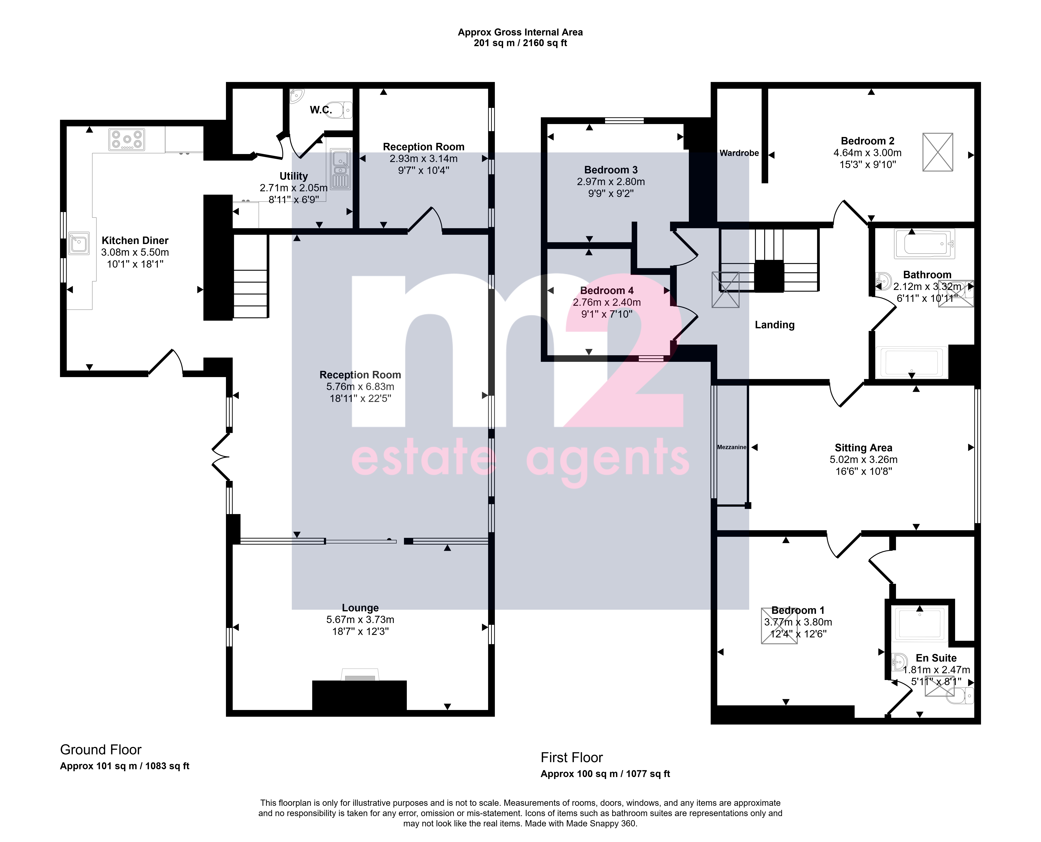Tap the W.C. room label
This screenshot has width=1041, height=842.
pos(321,110)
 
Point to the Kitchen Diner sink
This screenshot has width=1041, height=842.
pos(79,243)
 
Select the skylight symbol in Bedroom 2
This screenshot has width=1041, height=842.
pos(938,152)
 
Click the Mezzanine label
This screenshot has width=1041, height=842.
pos(731,447)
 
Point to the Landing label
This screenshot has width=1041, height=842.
pos(775,325)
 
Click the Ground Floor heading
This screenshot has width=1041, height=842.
pos(101,750)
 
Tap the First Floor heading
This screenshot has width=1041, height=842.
pos(572,758)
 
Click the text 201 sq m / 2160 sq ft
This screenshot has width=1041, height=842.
pos(520,43)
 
